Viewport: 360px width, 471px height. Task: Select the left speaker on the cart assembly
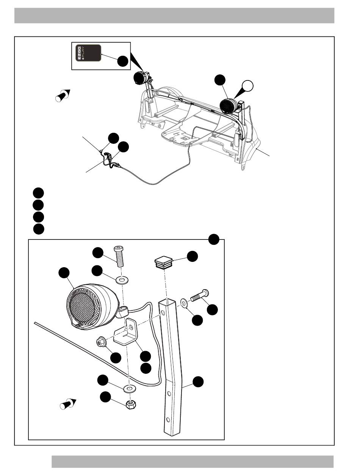pos(141,78)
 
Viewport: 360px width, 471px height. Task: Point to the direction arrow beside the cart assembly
pos(63,95)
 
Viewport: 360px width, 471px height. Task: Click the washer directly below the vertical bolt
pos(122,281)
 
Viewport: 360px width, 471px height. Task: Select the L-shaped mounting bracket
pos(127,334)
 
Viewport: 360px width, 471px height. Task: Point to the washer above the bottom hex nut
pos(130,389)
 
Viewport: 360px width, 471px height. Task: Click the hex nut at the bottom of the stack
pos(130,404)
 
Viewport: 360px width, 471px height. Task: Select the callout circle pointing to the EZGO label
pos(122,61)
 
